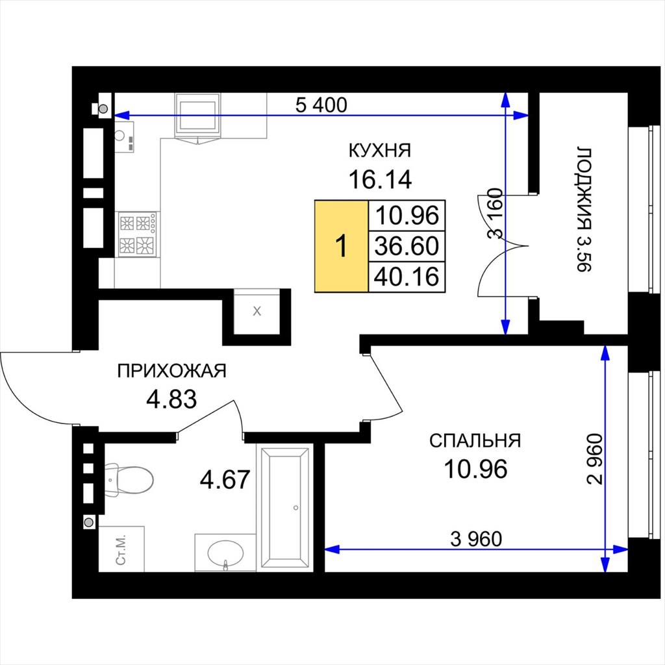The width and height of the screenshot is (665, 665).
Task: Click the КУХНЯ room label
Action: click(x=379, y=151)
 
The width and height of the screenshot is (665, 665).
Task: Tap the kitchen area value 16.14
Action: click(x=380, y=179)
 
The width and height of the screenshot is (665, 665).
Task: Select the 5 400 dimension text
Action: click(x=321, y=105)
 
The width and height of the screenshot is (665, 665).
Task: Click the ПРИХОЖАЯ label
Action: click(x=171, y=371)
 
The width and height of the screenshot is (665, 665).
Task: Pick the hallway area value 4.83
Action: click(x=171, y=399)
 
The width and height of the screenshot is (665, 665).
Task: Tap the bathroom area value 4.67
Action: click(x=225, y=480)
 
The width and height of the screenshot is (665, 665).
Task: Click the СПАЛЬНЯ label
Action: click(x=475, y=441)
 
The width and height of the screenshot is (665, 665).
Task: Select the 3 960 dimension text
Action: click(x=476, y=539)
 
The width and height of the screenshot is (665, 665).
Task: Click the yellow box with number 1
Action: click(x=342, y=246)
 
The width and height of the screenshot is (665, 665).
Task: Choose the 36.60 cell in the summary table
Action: click(x=407, y=246)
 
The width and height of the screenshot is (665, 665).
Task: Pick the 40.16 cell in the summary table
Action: click(x=407, y=277)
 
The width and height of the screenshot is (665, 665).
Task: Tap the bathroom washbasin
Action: click(x=225, y=553)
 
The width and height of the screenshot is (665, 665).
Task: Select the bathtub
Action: click(x=284, y=508)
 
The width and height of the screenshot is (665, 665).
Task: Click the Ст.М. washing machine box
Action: click(x=121, y=549)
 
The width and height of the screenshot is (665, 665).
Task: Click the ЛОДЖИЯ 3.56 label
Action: click(x=583, y=210)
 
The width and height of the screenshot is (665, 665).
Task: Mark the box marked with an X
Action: click(x=257, y=311)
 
